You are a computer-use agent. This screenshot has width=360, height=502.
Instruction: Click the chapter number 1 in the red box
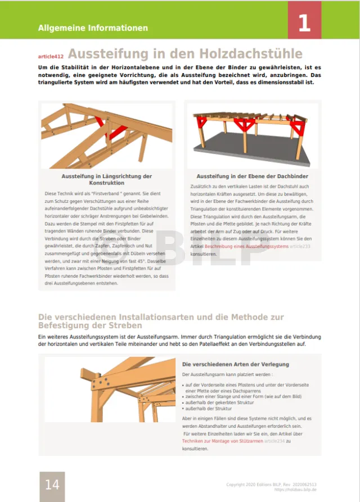pyautogui.click(x=304, y=23)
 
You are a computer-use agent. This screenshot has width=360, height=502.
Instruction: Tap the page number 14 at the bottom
pyautogui.click(x=52, y=485)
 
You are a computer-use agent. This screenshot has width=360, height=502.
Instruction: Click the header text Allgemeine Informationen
pyautogui.click(x=93, y=28)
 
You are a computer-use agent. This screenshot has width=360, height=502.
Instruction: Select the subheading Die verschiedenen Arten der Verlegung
pyautogui.click(x=236, y=364)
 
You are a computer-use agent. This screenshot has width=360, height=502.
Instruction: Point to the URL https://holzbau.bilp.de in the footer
pyautogui.click(x=295, y=490)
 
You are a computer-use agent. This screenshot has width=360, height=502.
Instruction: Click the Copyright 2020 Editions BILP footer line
pyautogui.click(x=271, y=484)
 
